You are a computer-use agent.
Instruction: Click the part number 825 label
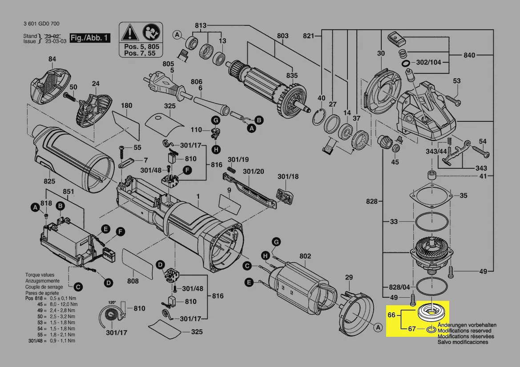pos(49,181)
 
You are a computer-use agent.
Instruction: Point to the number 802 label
pos(305,256)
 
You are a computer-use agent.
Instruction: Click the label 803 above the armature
pos(282,36)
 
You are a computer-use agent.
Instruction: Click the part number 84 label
pos(52,59)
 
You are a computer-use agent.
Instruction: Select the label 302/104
pos(429,62)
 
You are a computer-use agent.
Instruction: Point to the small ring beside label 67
pos(431,329)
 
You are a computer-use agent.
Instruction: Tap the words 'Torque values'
pos(40,275)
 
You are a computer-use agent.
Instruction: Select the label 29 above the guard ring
pos(349,278)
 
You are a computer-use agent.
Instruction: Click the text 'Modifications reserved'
pos(464,331)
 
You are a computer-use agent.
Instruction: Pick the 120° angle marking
pos(112,302)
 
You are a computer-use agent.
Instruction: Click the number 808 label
pos(133,281)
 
